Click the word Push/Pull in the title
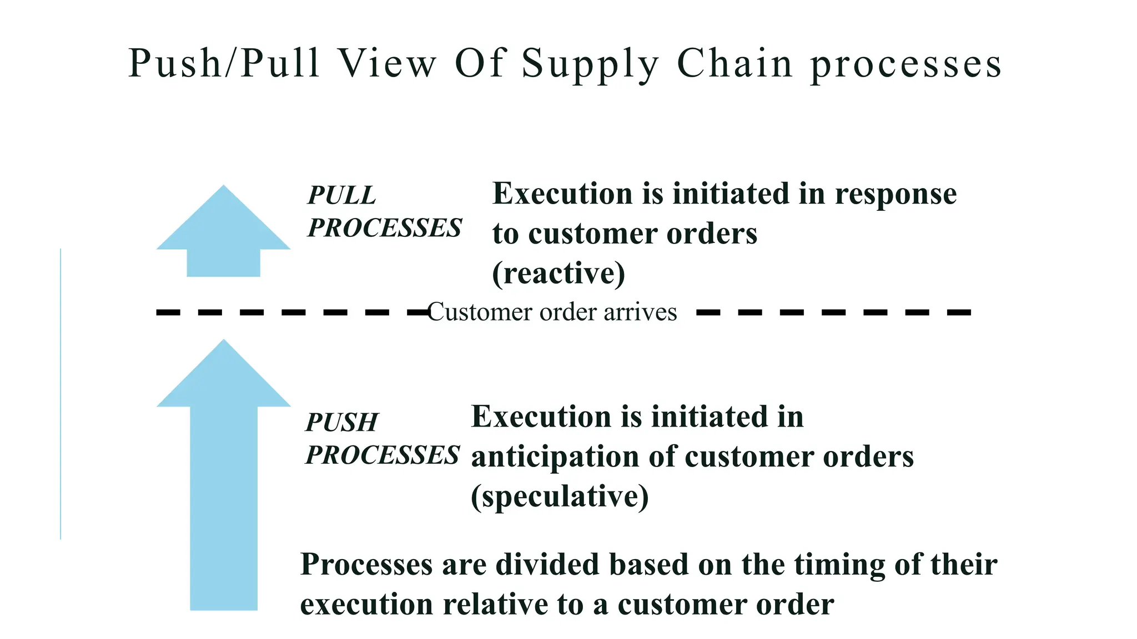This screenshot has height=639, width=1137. pos(224,63)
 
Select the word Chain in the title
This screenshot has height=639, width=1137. pos(735,63)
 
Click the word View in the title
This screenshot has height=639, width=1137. pos(388,63)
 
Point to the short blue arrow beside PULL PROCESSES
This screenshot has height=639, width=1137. pos(223,233)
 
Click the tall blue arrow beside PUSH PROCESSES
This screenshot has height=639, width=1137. pos(224,477)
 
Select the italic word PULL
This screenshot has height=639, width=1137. pos(342,195)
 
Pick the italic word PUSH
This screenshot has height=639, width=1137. pos(342,423)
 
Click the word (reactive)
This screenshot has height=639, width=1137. pos(559,273)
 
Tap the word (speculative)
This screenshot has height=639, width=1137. pos(560,496)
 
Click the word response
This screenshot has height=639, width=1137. pos(895,194)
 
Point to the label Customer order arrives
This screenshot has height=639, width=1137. pos(552,312)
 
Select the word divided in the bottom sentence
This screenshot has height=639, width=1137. pos(548,564)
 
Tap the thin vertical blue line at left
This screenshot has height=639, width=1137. pos(61,394)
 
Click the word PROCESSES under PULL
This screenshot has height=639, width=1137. pos(385,228)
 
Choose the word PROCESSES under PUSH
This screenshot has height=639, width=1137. pos(383,455)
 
